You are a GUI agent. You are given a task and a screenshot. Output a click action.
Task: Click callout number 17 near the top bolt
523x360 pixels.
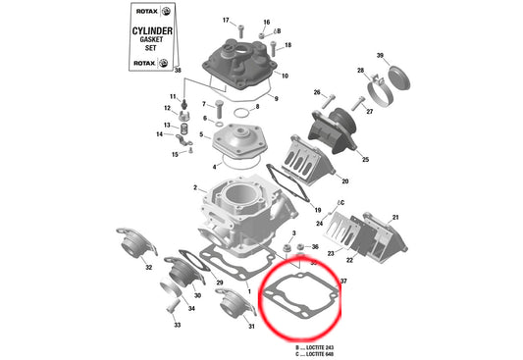226,21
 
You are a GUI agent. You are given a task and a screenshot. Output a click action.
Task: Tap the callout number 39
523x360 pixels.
380,55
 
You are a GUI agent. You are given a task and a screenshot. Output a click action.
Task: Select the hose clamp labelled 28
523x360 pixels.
377,95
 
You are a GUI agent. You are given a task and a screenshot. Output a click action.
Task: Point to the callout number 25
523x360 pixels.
365,159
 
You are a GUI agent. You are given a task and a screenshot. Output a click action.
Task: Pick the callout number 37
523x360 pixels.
343,282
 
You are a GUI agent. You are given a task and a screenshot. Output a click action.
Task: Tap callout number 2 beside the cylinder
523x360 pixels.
195,188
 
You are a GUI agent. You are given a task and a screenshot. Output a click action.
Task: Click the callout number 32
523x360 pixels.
148,266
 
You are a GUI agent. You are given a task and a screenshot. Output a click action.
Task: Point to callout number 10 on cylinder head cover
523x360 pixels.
285,76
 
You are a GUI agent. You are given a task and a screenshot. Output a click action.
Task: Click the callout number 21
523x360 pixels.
395,216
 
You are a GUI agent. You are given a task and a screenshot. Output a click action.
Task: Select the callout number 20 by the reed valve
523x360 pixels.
344,180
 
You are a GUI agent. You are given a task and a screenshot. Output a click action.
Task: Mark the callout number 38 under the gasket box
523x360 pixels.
178,72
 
